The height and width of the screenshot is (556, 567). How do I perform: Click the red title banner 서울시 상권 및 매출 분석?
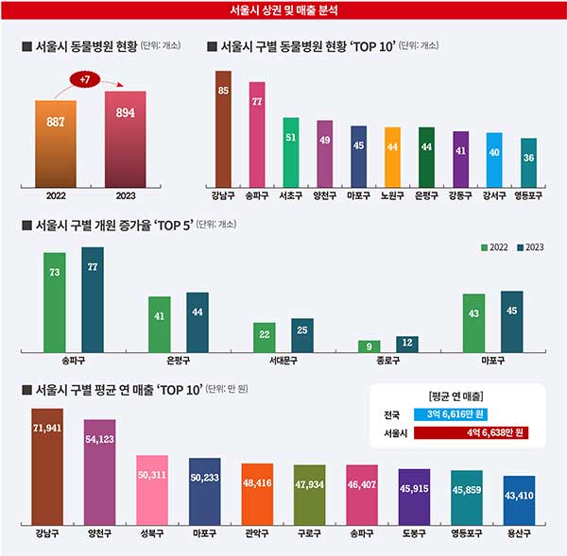point(283,11)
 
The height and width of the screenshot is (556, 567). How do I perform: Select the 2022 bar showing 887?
point(56,142)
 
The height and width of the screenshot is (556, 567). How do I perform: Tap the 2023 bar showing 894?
point(125,139)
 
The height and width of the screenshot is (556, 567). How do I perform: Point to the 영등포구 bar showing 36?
point(528,161)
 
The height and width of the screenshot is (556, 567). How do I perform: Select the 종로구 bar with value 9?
point(369,345)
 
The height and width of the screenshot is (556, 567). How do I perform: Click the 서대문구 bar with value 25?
point(301,335)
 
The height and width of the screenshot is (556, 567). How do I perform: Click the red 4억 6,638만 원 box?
point(471,433)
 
